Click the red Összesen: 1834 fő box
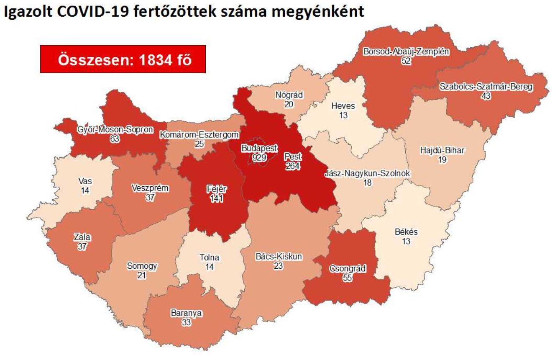(123, 59)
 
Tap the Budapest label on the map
(259, 148)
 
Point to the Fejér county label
(217, 189)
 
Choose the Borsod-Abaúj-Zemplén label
(406, 52)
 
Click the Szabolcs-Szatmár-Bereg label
(486, 87)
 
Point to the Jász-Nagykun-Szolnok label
(367, 174)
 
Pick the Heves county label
(343, 106)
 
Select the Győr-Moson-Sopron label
(115, 129)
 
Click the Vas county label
(85, 181)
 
